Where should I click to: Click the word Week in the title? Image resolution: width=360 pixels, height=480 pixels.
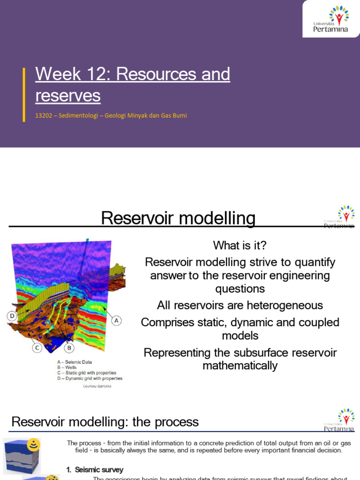tap(52, 74)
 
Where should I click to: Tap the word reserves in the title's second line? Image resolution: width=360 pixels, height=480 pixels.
tap(68, 95)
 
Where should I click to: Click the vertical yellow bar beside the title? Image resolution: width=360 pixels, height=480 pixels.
tap(24, 95)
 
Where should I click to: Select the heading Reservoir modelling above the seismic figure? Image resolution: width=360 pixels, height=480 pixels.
tap(179, 218)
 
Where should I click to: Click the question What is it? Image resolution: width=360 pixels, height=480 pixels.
tap(240, 245)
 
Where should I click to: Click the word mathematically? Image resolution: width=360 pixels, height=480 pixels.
tap(240, 365)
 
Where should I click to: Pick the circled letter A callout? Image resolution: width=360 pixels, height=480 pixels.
tap(116, 321)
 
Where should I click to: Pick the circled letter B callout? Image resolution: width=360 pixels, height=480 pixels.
tap(69, 348)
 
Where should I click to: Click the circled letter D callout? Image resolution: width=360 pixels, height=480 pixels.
tap(12, 316)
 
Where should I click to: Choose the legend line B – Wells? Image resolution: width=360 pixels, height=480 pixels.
tap(68, 367)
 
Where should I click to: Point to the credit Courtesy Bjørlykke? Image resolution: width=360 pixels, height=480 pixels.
tap(97, 386)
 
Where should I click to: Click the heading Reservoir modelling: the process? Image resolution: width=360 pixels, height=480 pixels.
tap(105, 422)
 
